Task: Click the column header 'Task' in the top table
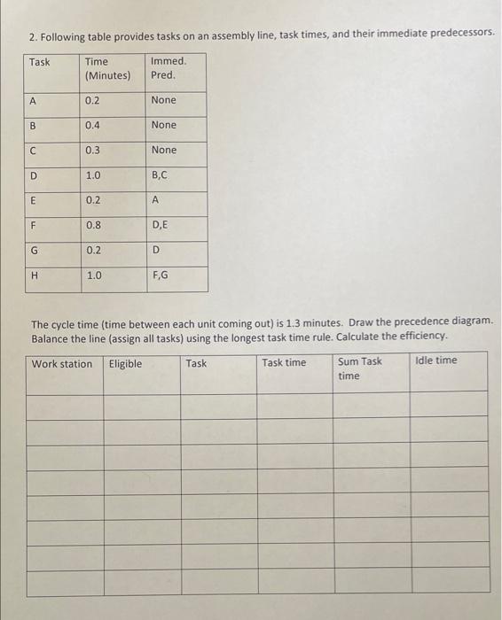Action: coord(40,62)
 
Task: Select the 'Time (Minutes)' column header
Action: coord(106,68)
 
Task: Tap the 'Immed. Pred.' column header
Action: coord(169,68)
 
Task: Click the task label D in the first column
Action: coord(34,176)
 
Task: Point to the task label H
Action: coord(34,275)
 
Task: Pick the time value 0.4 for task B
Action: coord(93,125)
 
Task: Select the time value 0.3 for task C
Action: coord(93,150)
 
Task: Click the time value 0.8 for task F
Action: coord(93,226)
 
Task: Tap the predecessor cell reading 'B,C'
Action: coord(161,176)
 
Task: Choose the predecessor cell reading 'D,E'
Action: coord(161,226)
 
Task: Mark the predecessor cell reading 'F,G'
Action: coord(161,275)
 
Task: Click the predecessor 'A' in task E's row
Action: coord(155,200)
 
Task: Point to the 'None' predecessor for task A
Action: coord(164,100)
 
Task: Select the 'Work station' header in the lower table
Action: coord(62,363)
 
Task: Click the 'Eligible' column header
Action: coord(125,363)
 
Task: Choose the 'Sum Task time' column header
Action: coord(359,368)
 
